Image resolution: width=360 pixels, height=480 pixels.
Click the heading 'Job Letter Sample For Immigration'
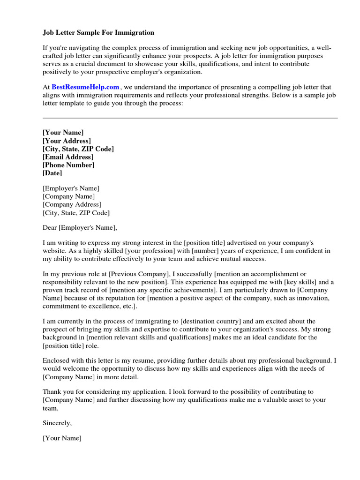pyautogui.click(x=98, y=33)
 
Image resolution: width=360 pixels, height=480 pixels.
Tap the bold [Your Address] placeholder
pyautogui.click(x=67, y=141)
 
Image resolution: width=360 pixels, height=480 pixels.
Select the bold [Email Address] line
pyautogui.click(x=67, y=157)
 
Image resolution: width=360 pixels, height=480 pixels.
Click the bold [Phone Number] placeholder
pyautogui.click(x=68, y=165)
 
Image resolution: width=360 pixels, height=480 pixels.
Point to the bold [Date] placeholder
pyautogui.click(x=52, y=173)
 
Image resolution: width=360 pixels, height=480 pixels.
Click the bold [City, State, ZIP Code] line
pyautogui.click(x=78, y=149)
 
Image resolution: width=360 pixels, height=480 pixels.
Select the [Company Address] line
pyautogui.click(x=72, y=205)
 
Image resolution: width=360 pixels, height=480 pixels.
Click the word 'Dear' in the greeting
pyautogui.click(x=49, y=228)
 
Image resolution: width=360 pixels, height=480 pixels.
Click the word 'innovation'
pyautogui.click(x=315, y=298)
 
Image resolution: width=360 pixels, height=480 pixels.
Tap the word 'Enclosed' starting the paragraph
pyautogui.click(x=57, y=360)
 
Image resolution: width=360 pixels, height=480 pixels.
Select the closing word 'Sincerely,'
pyautogui.click(x=57, y=423)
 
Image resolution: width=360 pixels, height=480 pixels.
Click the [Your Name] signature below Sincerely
pyautogui.click(x=62, y=438)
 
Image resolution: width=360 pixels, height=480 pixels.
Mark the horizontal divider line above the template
pyautogui.click(x=190, y=118)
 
